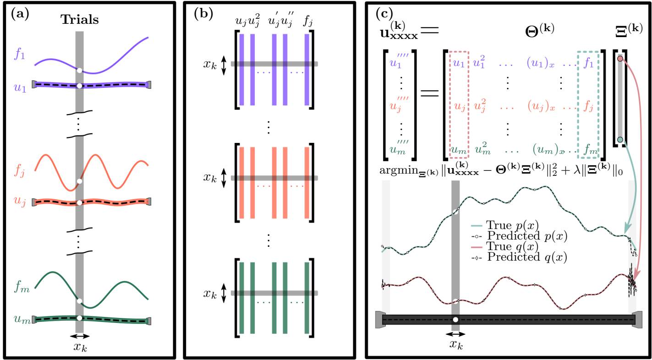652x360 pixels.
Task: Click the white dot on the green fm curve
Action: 80,301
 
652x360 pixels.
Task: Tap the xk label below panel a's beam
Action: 80,346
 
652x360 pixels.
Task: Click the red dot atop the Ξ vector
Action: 620,59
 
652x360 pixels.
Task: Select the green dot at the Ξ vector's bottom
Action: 620,139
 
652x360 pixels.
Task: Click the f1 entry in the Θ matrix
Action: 587,64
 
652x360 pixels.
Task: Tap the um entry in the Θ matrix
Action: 458,148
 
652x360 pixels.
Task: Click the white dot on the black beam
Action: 455,320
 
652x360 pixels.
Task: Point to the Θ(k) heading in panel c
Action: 538,28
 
